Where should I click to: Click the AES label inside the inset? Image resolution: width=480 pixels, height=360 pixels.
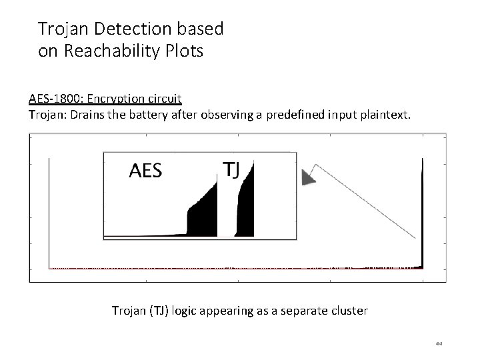(x=145, y=171)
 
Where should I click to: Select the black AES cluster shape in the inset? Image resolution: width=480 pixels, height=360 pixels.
(x=203, y=213)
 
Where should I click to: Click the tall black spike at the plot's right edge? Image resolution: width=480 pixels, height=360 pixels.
(x=423, y=213)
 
